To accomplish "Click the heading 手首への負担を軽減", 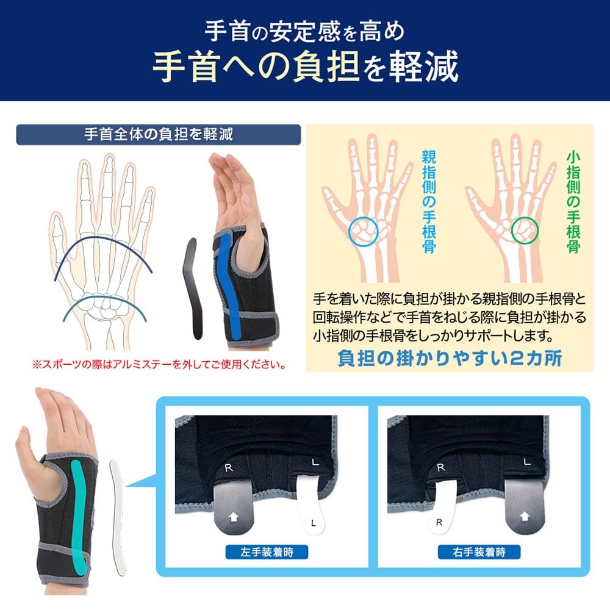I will pos(305,67).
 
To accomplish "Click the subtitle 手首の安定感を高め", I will pos(305,29).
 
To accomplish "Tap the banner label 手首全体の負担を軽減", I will pos(159,134).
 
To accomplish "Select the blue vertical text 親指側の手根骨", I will pos(428,201).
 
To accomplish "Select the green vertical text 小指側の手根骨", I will pos(572,201).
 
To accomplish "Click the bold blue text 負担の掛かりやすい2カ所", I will pos(449,358).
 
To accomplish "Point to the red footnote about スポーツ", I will pos(159,366).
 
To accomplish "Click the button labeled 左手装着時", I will pos(266,553).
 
